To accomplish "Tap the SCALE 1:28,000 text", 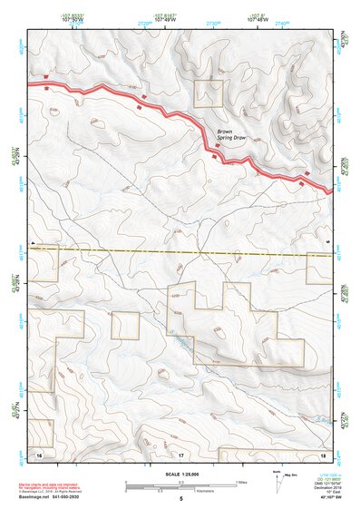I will (x=180, y=475).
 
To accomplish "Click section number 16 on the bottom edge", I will (x=39, y=452).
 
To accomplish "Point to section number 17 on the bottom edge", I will (x=180, y=452).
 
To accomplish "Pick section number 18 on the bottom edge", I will (x=323, y=452).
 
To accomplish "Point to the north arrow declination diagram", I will (x=278, y=479).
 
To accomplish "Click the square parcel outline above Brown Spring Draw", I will (x=209, y=93).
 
